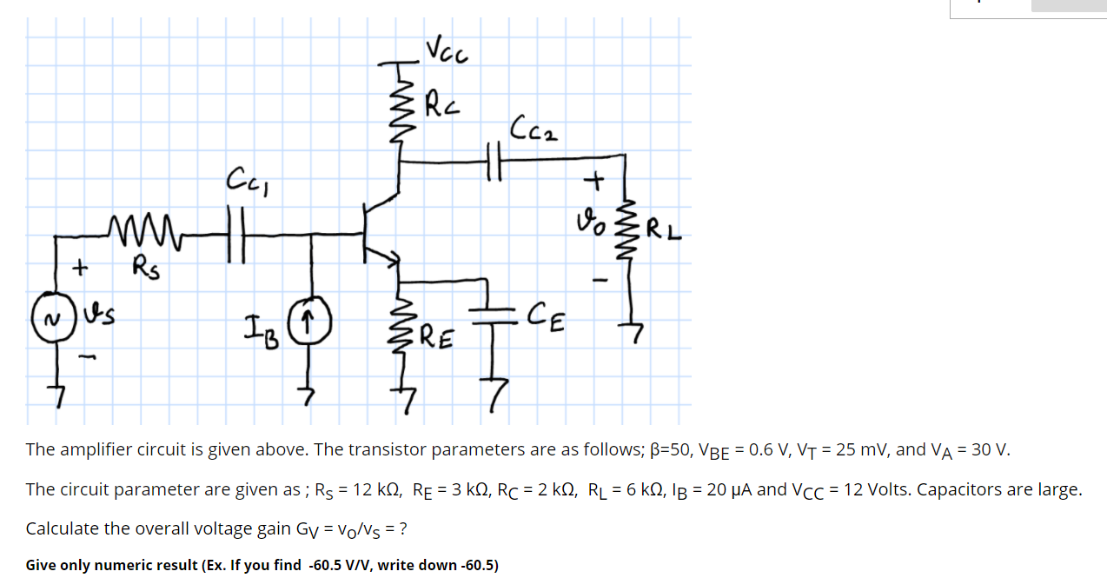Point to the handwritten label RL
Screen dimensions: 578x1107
click(664, 232)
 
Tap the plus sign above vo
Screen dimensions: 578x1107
click(595, 182)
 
